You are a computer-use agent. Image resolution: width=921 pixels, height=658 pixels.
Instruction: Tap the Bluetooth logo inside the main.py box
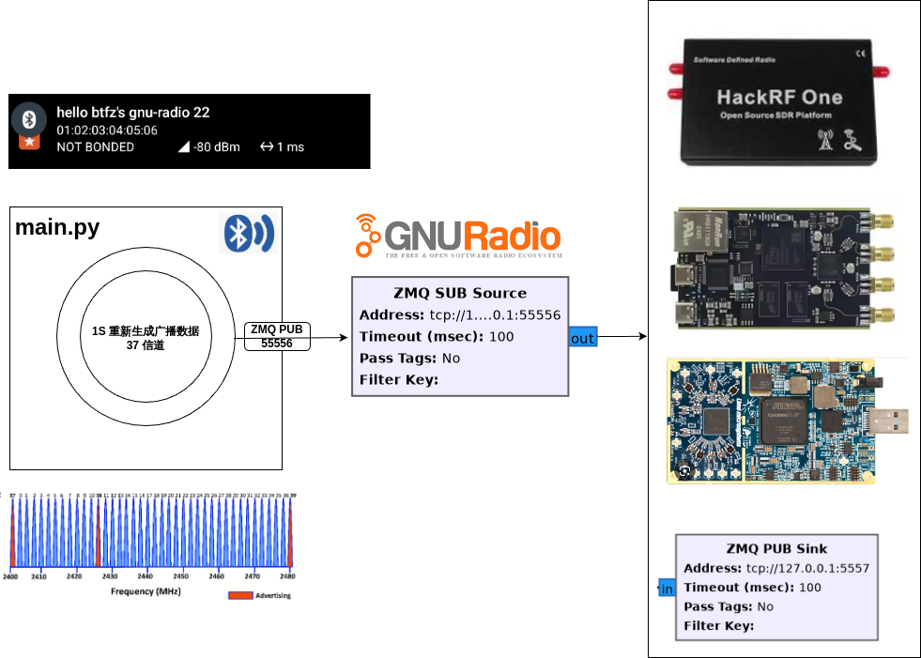click(247, 233)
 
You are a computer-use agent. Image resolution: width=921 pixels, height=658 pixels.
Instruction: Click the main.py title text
click(57, 228)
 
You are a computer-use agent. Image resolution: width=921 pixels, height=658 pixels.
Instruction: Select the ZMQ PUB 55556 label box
click(277, 336)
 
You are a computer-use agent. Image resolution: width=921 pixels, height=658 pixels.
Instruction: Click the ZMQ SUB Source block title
click(460, 293)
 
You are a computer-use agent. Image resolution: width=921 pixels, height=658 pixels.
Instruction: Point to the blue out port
click(583, 338)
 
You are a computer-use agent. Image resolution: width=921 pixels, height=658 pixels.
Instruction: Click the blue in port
click(667, 589)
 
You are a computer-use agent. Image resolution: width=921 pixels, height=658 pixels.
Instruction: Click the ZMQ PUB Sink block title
click(776, 549)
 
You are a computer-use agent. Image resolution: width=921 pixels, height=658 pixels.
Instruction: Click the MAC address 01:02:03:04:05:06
click(107, 130)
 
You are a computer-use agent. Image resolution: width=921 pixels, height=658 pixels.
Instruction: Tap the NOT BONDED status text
click(95, 146)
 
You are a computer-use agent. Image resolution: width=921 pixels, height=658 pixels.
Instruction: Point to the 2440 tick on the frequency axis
click(146, 576)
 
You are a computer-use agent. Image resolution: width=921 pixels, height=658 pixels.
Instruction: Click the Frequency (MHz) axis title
click(146, 591)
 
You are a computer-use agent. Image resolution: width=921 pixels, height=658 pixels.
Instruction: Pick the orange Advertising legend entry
click(260, 595)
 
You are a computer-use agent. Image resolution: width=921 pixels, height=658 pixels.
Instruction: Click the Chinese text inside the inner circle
click(146, 338)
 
